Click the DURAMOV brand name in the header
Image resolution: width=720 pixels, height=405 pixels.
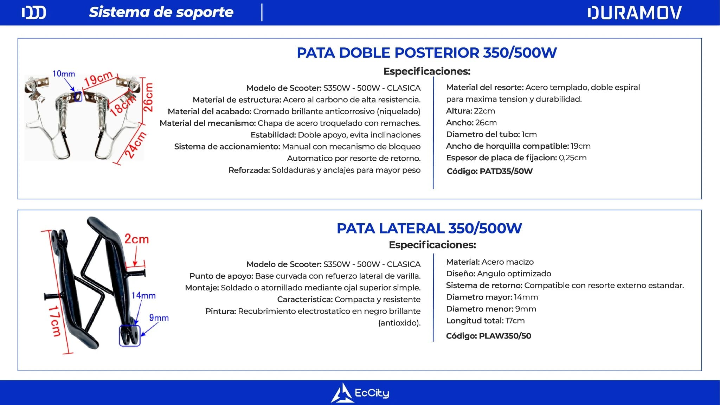click(634, 13)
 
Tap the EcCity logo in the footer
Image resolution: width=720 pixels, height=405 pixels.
click(360, 393)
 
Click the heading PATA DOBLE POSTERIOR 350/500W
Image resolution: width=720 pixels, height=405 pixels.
click(426, 53)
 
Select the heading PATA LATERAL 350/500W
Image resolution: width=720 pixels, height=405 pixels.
click(429, 229)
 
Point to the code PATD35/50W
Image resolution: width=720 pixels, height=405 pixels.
click(506, 171)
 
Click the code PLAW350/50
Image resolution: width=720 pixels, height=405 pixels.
click(505, 336)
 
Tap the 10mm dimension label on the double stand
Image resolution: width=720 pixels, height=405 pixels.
click(64, 74)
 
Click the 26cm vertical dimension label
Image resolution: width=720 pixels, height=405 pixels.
click(149, 97)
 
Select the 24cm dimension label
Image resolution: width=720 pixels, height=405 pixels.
click(135, 145)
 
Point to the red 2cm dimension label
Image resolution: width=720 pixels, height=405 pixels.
click(136, 239)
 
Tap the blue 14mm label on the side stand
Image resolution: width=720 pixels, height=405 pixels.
click(143, 296)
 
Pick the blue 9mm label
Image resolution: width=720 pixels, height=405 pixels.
click(159, 318)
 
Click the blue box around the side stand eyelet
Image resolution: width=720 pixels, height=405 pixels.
click(130, 336)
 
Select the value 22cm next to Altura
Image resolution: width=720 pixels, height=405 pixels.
click(484, 111)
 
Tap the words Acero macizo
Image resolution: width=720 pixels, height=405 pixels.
click(507, 262)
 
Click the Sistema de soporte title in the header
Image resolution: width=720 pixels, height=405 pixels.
click(161, 12)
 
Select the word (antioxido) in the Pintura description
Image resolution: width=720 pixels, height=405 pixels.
click(399, 323)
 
